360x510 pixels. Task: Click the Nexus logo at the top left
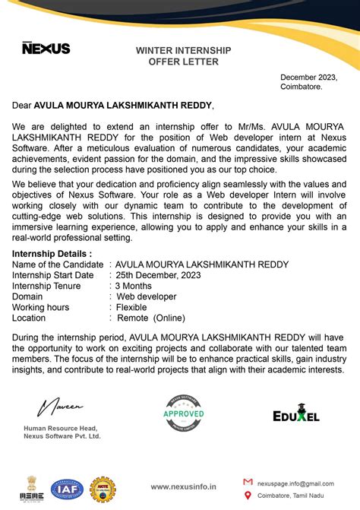coord(46,48)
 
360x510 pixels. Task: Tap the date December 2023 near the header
coord(308,78)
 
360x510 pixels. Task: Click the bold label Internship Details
coord(52,253)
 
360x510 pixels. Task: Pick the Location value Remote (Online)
coord(150,318)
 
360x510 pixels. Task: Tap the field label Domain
coord(28,296)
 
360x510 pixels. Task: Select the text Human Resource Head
coord(62,429)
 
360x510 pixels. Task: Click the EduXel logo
coord(295,416)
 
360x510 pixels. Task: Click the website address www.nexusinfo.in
coord(183,486)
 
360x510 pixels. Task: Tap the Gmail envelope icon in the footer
coord(248,483)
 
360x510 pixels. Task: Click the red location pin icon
coord(248,496)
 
